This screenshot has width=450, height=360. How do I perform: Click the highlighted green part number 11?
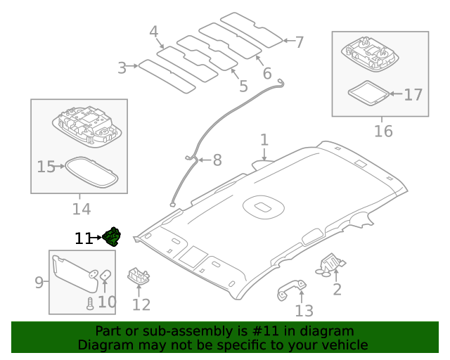[x=112, y=238]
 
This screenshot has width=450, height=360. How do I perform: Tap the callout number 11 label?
[x=83, y=239]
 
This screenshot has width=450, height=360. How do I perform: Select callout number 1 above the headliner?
[x=264, y=140]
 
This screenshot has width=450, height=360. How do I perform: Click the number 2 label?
[x=337, y=289]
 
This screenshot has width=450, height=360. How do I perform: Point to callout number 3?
[x=122, y=67]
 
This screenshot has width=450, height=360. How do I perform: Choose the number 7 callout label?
[x=299, y=42]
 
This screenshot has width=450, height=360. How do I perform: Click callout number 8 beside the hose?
[x=217, y=161]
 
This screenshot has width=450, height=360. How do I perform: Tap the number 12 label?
[x=141, y=304]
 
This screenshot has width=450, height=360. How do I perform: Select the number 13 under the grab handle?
[x=304, y=310]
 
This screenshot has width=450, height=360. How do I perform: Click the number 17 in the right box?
[x=413, y=93]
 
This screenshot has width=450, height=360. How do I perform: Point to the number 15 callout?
[x=46, y=167]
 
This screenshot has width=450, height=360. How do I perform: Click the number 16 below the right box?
[x=382, y=131]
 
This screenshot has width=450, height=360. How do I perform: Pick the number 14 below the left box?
[x=81, y=209]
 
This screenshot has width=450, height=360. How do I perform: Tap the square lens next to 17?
[x=368, y=93]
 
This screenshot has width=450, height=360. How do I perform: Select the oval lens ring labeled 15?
[x=91, y=171]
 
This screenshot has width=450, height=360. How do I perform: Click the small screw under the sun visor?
[x=90, y=303]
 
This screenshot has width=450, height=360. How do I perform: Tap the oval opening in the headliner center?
[x=262, y=207]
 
